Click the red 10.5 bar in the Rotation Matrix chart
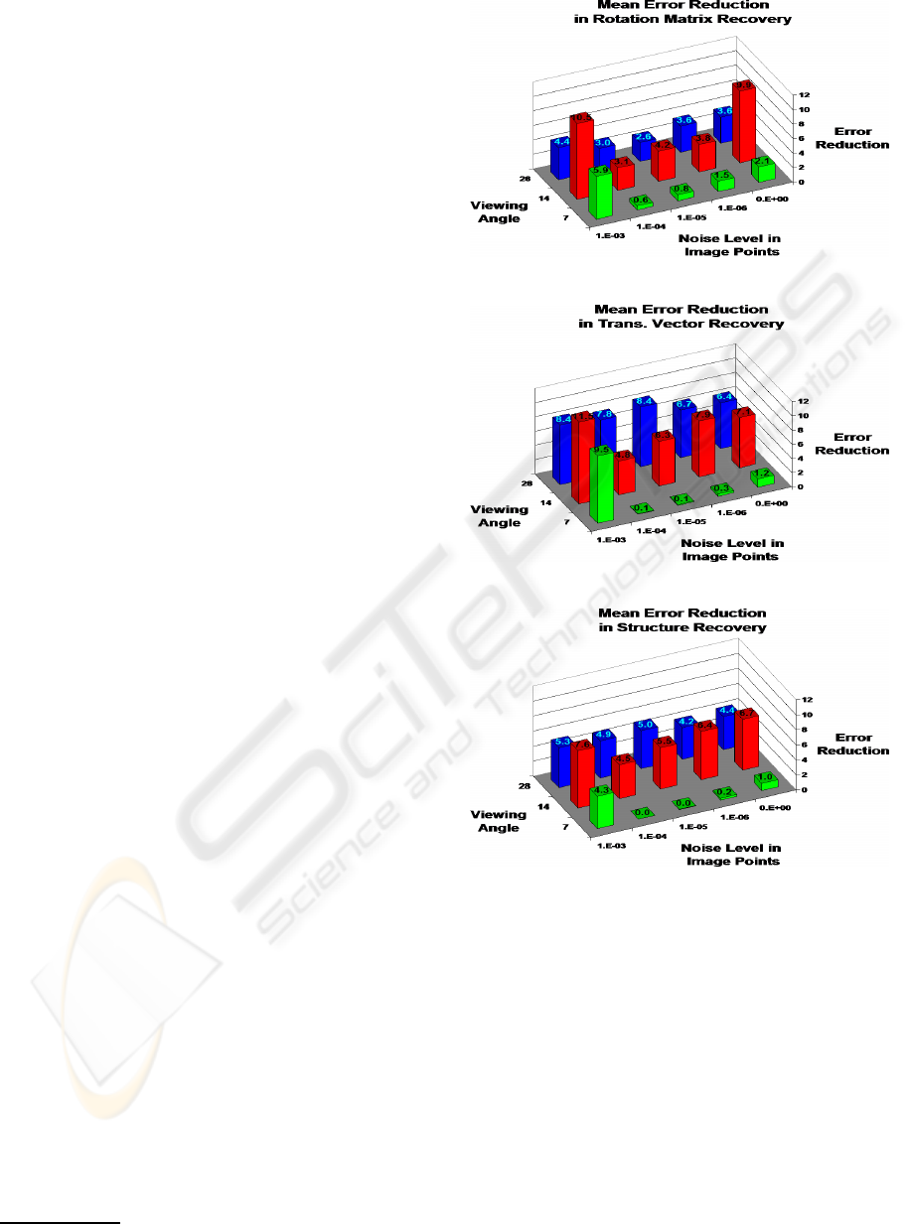point(581,159)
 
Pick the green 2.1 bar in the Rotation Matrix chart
point(763,171)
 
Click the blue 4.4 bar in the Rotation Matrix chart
point(561,159)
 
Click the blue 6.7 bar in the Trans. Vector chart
point(684,433)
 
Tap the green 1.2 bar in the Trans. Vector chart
point(762,478)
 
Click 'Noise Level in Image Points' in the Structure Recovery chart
point(731,855)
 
